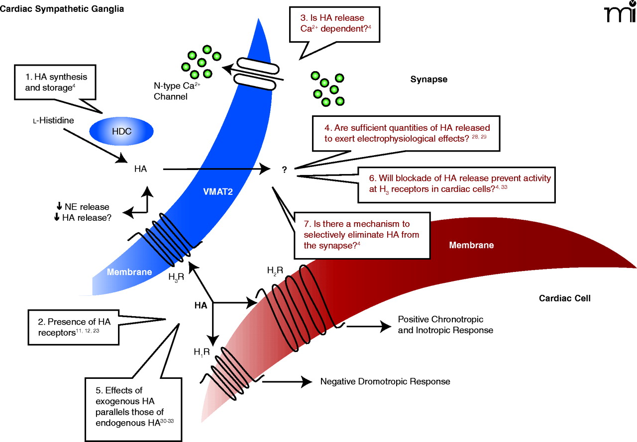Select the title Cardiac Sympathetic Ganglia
[62, 8]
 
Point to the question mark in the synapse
[284, 170]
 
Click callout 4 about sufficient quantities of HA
[406, 133]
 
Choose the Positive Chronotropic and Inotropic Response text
[445, 325]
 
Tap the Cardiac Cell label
[565, 299]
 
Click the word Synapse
[429, 79]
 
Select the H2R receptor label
[275, 270]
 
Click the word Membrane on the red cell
[471, 245]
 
